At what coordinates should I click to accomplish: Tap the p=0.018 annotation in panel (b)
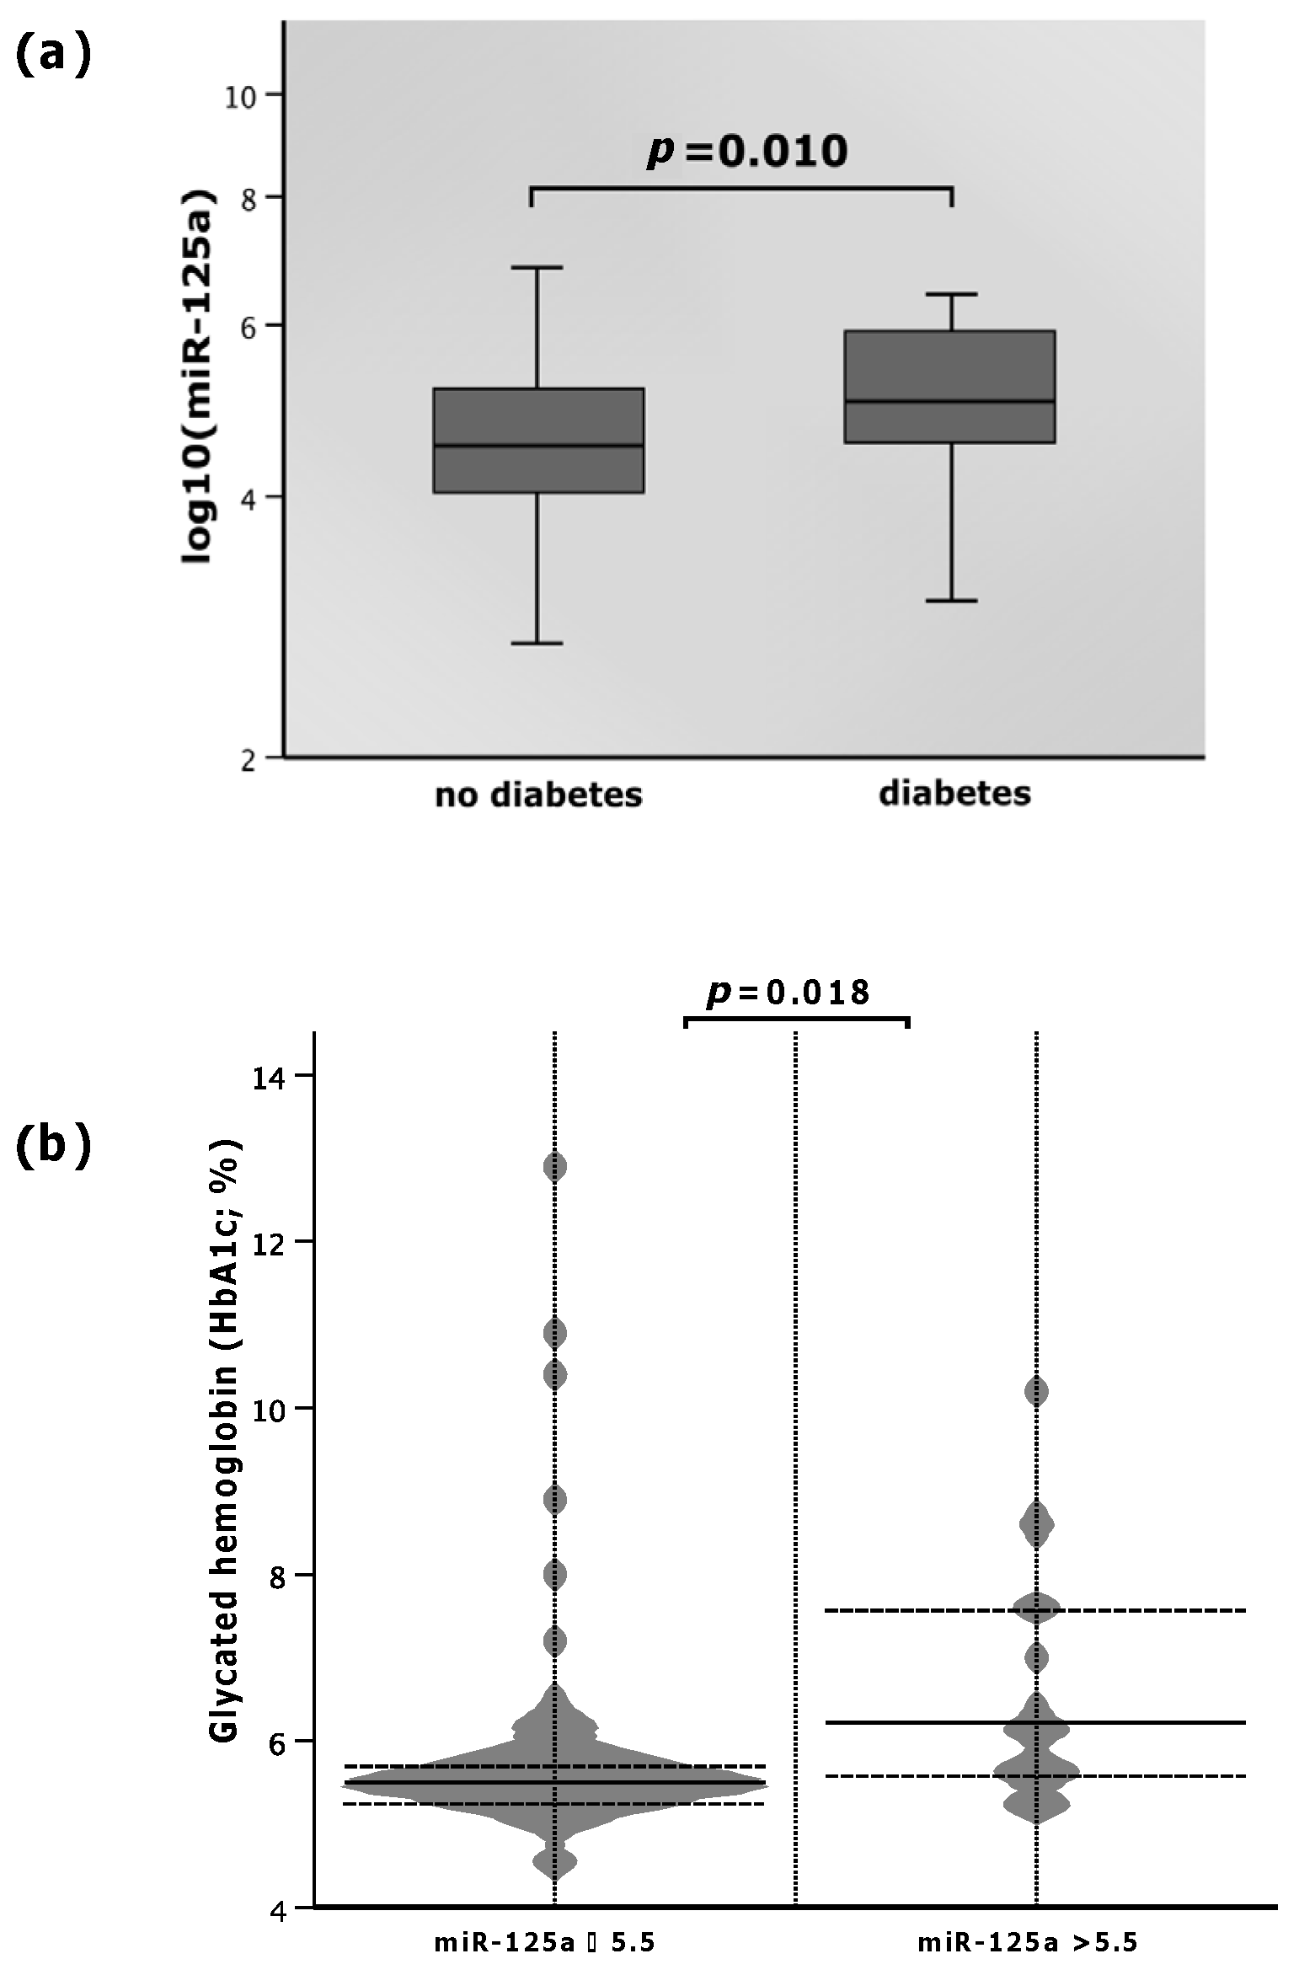788,993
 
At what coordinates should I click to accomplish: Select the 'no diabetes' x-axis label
538,795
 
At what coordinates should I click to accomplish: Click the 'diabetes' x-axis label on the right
954,794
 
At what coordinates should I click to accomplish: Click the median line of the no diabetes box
538,445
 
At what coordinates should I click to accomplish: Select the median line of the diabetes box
949,401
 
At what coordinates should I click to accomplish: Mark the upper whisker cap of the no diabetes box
537,268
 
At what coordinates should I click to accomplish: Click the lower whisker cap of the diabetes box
951,601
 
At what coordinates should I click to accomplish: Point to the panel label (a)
53,56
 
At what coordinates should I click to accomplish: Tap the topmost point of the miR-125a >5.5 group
1036,1393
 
